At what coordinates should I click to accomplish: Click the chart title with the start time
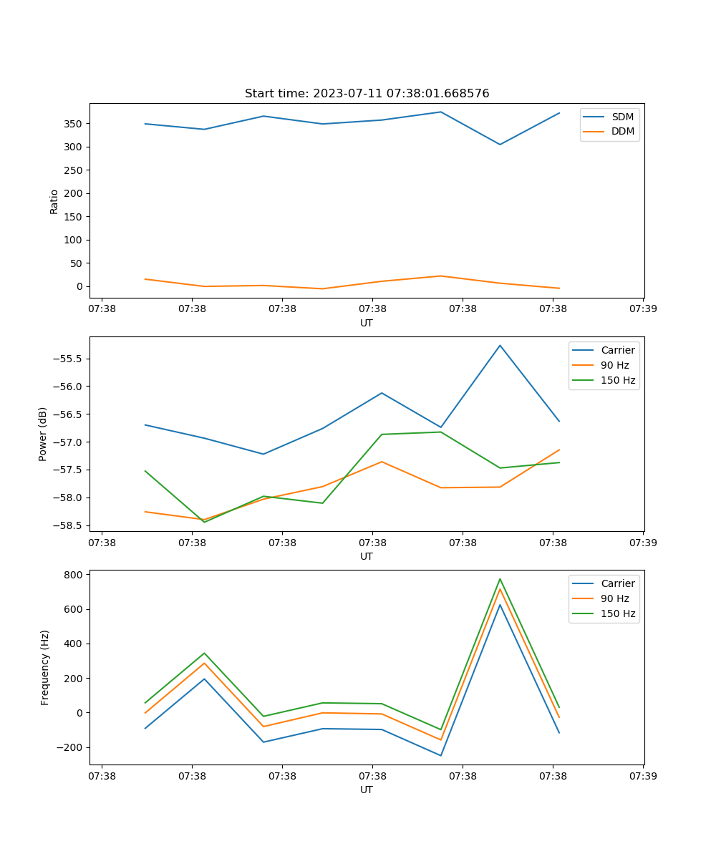(x=367, y=94)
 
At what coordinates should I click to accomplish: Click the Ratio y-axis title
(x=54, y=201)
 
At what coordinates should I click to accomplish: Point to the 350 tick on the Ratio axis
(x=74, y=124)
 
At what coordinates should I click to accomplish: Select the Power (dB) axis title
(x=43, y=434)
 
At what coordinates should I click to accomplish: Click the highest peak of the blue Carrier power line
(x=500, y=346)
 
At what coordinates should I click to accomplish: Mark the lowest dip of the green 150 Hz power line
(x=205, y=522)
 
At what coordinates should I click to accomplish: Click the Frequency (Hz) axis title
(x=44, y=667)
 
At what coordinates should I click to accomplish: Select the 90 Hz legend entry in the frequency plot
(x=614, y=598)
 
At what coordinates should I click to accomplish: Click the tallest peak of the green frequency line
(x=500, y=579)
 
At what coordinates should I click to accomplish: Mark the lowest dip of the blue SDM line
(x=500, y=145)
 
